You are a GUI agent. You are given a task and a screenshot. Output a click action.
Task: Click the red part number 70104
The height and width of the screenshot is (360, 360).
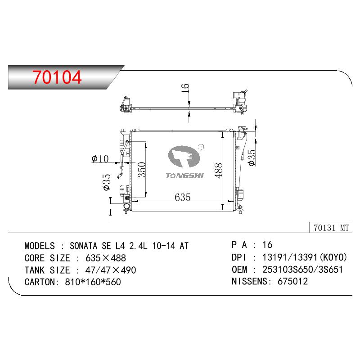[57, 77]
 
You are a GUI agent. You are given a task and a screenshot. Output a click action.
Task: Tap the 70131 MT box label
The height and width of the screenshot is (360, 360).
[331, 228]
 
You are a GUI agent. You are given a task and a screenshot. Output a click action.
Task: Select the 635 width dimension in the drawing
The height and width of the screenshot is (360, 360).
[183, 197]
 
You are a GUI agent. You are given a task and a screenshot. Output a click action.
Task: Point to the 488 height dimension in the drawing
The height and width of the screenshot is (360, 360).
[219, 171]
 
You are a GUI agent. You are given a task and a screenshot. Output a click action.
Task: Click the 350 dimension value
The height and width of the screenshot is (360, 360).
[142, 170]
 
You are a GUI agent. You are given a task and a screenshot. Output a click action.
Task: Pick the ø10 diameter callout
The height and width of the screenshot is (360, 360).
[100, 158]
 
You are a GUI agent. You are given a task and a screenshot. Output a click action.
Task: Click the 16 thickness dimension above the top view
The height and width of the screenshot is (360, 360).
[185, 88]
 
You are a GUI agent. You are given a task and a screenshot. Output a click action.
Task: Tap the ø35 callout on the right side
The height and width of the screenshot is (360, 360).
[252, 157]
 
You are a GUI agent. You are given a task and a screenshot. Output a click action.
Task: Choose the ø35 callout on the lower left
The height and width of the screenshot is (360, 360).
[107, 182]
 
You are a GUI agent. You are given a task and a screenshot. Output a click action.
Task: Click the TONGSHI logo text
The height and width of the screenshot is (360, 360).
[184, 176]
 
